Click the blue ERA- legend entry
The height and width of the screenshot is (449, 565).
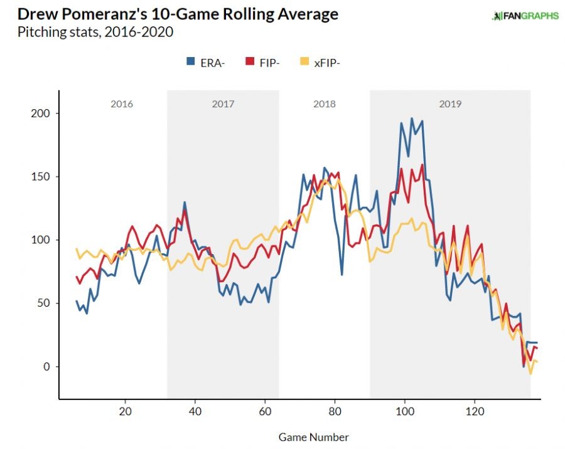point(205,61)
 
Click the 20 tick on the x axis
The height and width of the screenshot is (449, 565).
point(126,412)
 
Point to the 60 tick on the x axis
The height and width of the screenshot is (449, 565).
point(265,412)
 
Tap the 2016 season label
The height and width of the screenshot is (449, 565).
point(122,104)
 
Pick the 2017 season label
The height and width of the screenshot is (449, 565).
point(223,104)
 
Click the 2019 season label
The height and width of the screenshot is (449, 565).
point(450,104)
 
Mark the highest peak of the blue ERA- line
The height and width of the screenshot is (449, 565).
point(412,118)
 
